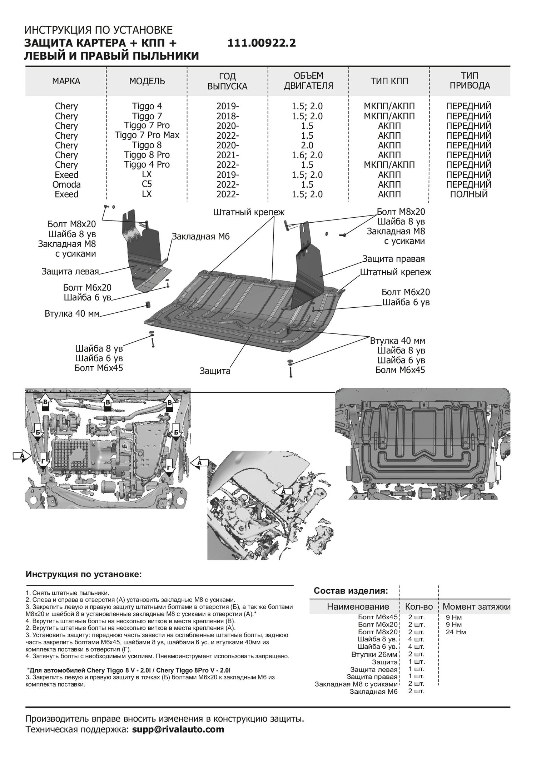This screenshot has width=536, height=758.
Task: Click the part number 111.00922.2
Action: [x=262, y=44]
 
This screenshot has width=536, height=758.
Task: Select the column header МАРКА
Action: [x=66, y=81]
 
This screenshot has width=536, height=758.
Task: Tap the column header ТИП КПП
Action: [x=389, y=81]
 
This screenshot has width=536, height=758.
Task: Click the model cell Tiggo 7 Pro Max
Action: [x=147, y=135]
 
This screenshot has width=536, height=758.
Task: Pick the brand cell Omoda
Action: [x=66, y=185]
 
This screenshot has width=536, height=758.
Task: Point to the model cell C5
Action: [x=147, y=184]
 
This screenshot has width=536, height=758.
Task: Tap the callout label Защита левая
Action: [x=70, y=271]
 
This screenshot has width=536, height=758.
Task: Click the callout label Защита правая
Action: [x=393, y=259]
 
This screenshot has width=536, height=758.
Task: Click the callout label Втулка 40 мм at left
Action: [x=72, y=314]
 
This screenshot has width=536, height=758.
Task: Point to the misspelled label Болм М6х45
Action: [x=400, y=370]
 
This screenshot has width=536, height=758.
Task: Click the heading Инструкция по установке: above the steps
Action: [x=84, y=575]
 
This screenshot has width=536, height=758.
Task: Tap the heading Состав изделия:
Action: [x=350, y=590]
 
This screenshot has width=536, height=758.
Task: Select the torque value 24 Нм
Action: [x=456, y=632]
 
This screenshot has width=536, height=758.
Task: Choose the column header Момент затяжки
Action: [x=476, y=606]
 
